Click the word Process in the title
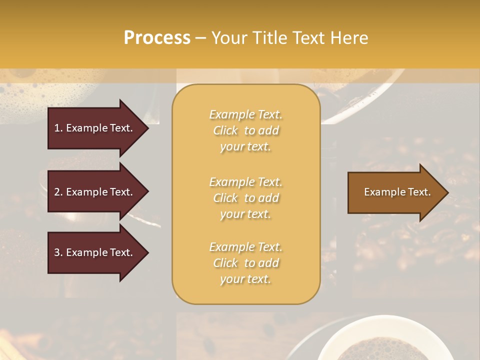pyautogui.click(x=157, y=38)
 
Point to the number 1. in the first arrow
pyautogui.click(x=58, y=128)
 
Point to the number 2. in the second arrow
pyautogui.click(x=58, y=192)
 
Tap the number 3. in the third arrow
pyautogui.click(x=58, y=252)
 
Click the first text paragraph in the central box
pyautogui.click(x=246, y=130)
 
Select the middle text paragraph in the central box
pyautogui.click(x=246, y=198)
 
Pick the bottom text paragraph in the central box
pyautogui.click(x=246, y=263)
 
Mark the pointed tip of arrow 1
pyautogui.click(x=147, y=128)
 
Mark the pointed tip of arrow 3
pyautogui.click(x=147, y=252)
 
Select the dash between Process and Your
pyautogui.click(x=200, y=38)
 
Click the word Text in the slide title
pyautogui.click(x=308, y=38)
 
